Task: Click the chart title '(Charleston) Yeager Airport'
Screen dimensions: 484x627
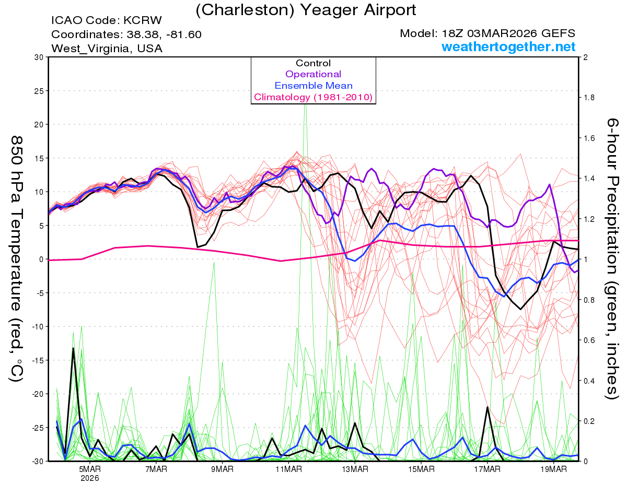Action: point(306,9)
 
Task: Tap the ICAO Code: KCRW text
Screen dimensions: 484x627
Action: point(107,21)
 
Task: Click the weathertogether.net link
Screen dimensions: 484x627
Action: point(508,47)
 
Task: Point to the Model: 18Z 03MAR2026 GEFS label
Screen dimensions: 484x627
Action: point(488,33)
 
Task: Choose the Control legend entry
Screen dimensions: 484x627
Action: point(313,63)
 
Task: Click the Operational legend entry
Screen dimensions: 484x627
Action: point(313,74)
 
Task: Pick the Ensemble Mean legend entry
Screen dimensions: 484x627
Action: point(313,86)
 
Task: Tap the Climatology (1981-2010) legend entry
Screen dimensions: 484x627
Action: point(313,97)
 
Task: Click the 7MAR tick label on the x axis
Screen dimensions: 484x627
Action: point(156,469)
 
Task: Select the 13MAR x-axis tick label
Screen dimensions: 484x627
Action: point(354,469)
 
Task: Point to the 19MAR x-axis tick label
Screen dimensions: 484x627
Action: point(553,469)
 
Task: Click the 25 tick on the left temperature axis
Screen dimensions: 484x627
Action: point(38,91)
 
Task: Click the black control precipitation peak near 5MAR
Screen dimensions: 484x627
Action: point(73,348)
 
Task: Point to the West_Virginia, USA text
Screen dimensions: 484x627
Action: point(107,49)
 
